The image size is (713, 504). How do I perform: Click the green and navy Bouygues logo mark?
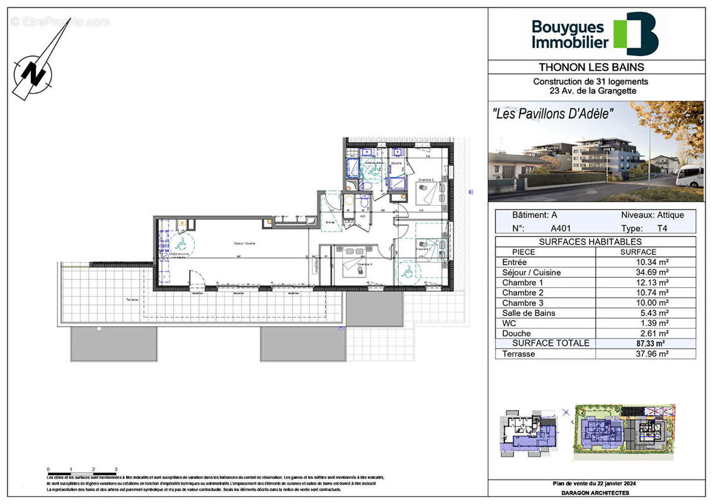click(636, 34)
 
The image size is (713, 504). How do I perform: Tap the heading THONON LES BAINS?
click(591, 67)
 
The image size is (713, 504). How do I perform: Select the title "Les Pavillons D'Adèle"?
click(552, 115)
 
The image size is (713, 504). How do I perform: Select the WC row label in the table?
click(509, 323)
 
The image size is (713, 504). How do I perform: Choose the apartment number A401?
click(562, 229)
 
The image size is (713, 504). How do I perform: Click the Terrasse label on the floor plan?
click(132, 300)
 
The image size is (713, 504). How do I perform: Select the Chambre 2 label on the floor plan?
click(426, 180)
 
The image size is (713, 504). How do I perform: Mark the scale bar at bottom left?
click(83, 472)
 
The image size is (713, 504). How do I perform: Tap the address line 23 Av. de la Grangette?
click(590, 91)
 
